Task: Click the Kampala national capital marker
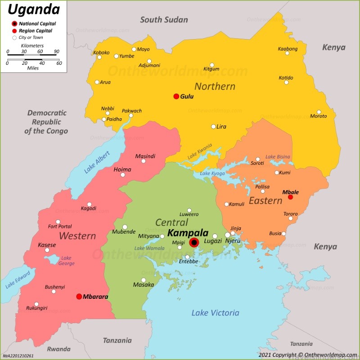(x=194, y=243)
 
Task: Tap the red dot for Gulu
(x=176, y=96)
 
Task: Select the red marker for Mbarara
(x=79, y=297)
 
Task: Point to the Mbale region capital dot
(x=290, y=197)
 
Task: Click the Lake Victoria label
(x=215, y=313)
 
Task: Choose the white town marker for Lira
(x=214, y=126)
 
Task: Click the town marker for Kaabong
(x=287, y=53)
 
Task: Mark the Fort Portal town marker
(x=58, y=221)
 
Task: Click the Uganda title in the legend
(x=27, y=9)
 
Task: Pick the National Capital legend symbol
(x=14, y=23)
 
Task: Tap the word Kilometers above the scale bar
(x=32, y=46)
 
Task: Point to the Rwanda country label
(x=59, y=349)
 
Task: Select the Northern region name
(x=215, y=86)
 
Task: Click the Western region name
(x=77, y=235)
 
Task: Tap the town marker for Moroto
(x=319, y=112)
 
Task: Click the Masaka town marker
(x=144, y=279)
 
